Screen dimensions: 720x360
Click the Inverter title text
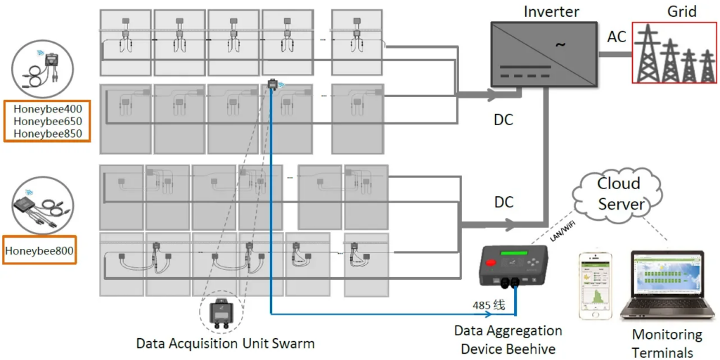point(551,11)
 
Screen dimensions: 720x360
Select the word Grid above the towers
point(682,11)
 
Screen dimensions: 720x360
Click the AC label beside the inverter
point(617,37)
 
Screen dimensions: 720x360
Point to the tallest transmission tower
point(648,53)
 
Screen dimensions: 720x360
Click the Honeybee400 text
point(48,109)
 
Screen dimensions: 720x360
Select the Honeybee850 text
point(48,134)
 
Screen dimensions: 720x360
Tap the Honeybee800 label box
point(39,251)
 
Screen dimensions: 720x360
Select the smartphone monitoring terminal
point(596,285)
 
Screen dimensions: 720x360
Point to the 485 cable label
point(489,305)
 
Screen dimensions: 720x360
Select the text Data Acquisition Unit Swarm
point(226,343)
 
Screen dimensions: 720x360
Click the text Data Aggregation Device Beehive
point(508,340)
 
